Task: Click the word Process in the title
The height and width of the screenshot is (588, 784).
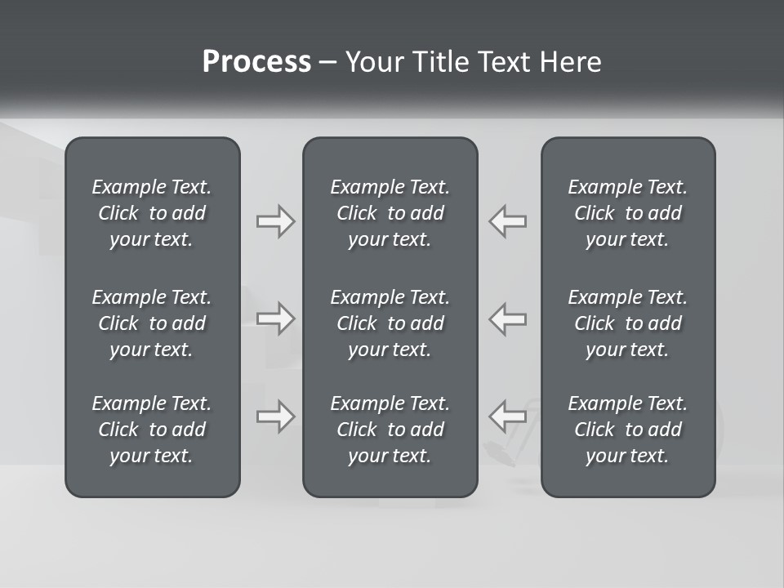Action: (256, 62)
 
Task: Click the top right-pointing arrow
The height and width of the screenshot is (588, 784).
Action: (276, 221)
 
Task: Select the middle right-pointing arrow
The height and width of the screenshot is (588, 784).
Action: (276, 318)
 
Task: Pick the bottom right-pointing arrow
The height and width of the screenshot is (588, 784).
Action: (276, 416)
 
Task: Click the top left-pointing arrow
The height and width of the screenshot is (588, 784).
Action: (508, 221)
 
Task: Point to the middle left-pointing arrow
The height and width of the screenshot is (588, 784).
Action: (508, 318)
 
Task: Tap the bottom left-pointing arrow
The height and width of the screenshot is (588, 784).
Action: (508, 416)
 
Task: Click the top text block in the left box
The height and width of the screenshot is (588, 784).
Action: (152, 213)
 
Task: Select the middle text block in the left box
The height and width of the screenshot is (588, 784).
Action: (152, 323)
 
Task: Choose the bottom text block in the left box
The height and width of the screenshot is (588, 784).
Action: (152, 430)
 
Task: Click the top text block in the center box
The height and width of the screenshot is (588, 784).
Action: (390, 213)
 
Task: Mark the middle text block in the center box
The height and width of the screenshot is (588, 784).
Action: (390, 323)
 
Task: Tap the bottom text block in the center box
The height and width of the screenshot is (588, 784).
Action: (390, 430)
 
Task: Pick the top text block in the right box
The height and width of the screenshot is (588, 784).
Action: (628, 213)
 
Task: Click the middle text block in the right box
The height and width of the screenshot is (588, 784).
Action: (628, 323)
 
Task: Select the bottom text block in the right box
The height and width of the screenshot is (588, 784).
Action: (628, 430)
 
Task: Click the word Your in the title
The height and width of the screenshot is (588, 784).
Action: (372, 62)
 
